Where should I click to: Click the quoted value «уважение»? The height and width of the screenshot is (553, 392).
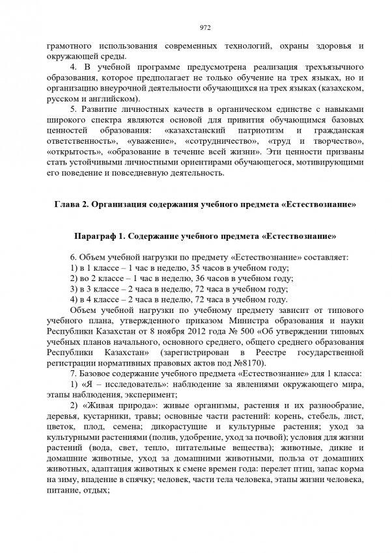152,141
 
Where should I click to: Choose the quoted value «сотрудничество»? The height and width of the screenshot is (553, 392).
219,141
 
